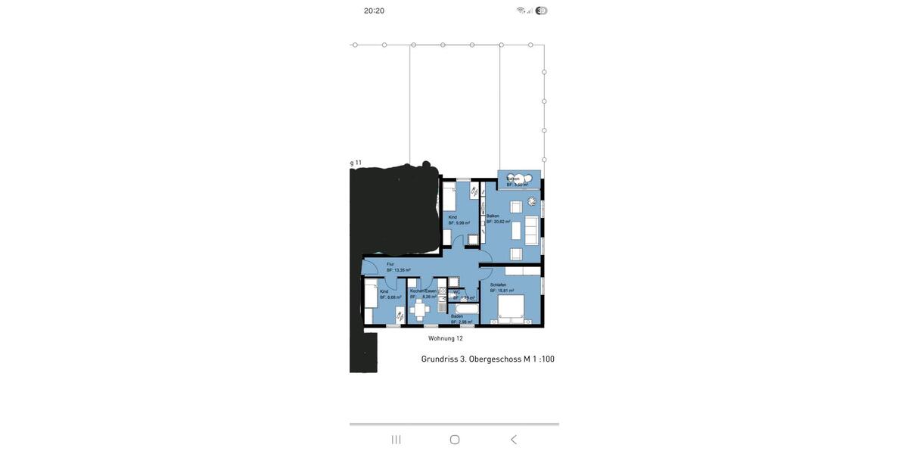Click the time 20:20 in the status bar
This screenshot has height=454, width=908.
pos(374,11)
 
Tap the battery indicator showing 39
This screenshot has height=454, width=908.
pos(541,11)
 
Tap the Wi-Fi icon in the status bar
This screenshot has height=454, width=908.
pos(521,11)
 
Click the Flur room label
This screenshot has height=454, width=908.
pos(390,264)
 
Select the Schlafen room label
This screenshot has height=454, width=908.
pos(498,285)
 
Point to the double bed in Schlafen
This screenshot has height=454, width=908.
pos(511,308)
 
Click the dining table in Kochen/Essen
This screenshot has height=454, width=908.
pos(420,309)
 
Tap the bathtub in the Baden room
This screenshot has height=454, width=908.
pos(466,309)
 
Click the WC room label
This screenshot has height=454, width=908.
pos(456,292)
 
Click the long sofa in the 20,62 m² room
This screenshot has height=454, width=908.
pos(532,230)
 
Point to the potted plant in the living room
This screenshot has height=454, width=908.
pos(532,201)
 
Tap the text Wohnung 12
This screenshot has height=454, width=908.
pos(446,338)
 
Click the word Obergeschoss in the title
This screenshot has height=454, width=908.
pos(495,359)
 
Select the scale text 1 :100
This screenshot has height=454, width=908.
pos(543,359)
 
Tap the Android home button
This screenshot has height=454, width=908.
pos(455,440)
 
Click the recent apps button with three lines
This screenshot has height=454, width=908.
pos(396,440)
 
